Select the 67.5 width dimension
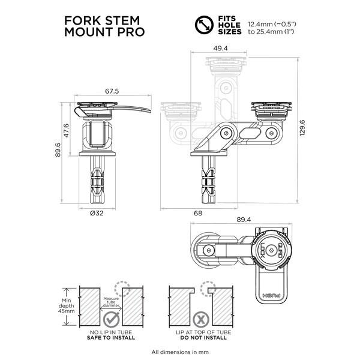(x=112, y=91)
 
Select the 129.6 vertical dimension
(x=310, y=127)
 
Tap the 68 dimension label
(x=198, y=212)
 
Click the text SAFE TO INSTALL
(x=119, y=338)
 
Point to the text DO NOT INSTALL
(x=202, y=338)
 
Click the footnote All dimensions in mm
(x=179, y=352)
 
